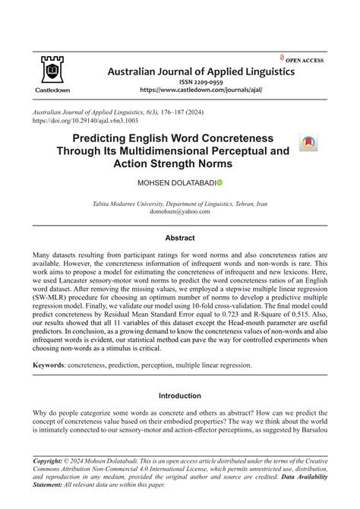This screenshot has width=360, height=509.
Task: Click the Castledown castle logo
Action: (x=51, y=71)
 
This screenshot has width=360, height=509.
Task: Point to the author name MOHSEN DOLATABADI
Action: (x=174, y=183)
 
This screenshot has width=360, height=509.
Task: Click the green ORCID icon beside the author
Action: (x=219, y=183)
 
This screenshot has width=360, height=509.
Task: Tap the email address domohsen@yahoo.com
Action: (x=180, y=213)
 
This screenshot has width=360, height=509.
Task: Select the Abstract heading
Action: (x=180, y=238)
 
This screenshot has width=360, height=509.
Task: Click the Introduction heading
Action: (x=180, y=395)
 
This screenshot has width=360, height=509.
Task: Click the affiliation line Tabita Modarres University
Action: (x=180, y=204)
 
